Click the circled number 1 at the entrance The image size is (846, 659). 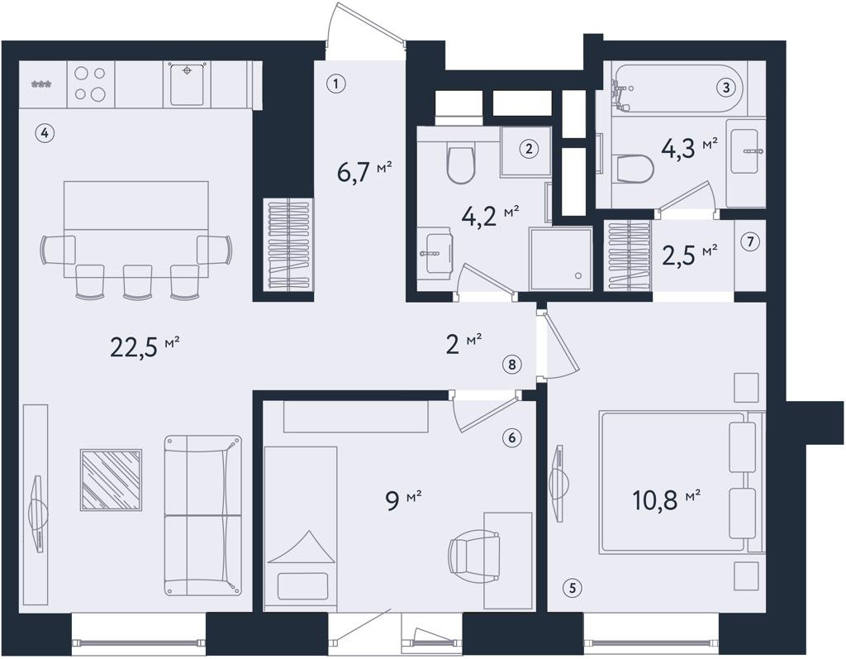click(335, 84)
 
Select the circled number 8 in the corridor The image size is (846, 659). click(511, 365)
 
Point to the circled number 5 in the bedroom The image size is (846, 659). click(573, 588)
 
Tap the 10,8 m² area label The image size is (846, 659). click(666, 500)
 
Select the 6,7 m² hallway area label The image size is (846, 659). click(364, 172)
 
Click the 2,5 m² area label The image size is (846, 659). click(690, 255)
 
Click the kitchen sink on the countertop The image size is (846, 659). click(188, 84)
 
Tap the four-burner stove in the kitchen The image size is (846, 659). click(91, 84)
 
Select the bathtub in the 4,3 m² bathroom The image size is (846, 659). click(677, 88)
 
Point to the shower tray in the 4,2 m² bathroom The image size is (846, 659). click(561, 260)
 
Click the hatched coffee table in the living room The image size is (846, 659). click(112, 480)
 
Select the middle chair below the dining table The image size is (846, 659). click(138, 281)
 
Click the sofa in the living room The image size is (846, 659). click(203, 515)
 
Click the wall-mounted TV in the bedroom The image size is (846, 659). click(559, 483)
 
